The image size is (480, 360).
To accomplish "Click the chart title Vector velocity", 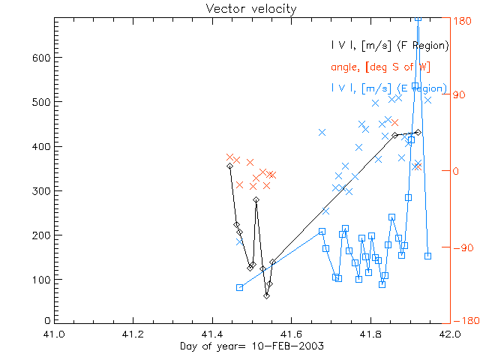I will (239, 8).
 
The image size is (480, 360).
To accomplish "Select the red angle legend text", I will (380, 67).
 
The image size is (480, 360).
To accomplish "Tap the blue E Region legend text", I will (389, 88).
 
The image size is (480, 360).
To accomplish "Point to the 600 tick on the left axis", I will (40, 58).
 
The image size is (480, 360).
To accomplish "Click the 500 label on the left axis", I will (40, 102).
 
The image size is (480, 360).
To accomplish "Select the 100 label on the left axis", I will (40, 280).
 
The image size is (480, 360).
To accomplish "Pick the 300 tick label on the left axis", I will (40, 191).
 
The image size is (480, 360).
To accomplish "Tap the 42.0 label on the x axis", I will (449, 334).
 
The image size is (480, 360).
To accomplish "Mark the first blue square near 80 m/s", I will (240, 287).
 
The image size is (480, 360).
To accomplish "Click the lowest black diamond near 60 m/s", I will (266, 295).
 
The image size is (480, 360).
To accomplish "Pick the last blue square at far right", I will (427, 256).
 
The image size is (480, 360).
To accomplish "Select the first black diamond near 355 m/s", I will (230, 166).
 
